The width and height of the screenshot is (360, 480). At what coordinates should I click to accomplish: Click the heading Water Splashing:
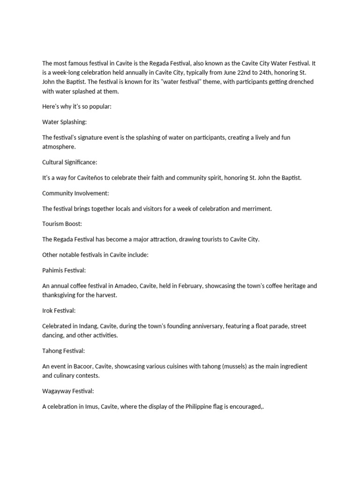click(64, 122)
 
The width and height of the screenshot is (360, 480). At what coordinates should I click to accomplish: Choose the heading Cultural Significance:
click(69, 162)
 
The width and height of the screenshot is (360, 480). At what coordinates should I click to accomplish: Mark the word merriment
click(255, 209)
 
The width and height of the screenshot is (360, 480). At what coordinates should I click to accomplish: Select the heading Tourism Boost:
click(61, 224)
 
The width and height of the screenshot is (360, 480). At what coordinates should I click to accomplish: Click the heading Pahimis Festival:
click(64, 270)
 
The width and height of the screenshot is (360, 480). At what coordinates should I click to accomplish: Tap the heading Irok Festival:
click(59, 310)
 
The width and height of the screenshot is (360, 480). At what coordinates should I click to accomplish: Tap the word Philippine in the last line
click(203, 406)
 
